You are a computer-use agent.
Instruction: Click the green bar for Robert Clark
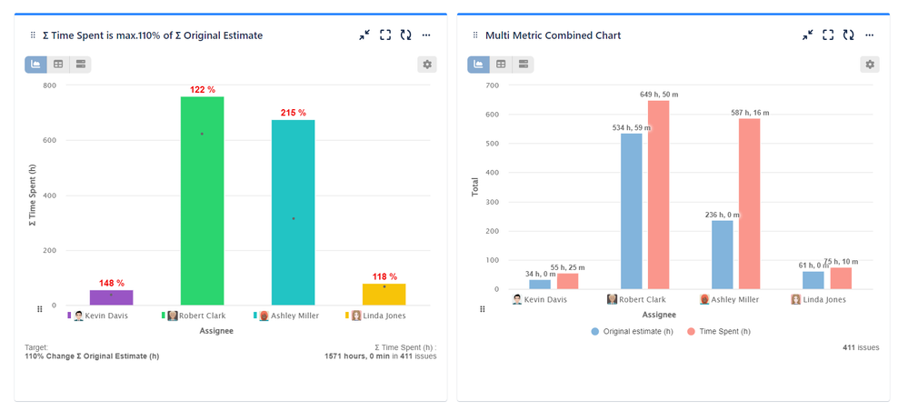202,200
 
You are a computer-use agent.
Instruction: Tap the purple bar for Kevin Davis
111,297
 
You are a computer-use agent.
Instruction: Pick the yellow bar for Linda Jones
384,294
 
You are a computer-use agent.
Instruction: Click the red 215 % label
293,113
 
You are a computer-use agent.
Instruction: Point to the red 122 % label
202,89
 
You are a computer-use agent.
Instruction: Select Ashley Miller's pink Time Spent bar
749,204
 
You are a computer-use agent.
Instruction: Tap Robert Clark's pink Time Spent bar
658,195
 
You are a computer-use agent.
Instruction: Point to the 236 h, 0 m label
722,215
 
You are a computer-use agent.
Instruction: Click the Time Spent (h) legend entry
718,332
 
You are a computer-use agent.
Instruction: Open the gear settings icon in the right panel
870,65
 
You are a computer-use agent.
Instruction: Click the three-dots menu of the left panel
426,35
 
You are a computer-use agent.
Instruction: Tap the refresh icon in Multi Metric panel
848,35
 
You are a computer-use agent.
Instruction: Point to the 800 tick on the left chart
48,85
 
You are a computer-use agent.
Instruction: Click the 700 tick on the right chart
492,85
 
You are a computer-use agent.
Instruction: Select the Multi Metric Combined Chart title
553,35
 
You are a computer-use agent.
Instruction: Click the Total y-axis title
474,187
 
